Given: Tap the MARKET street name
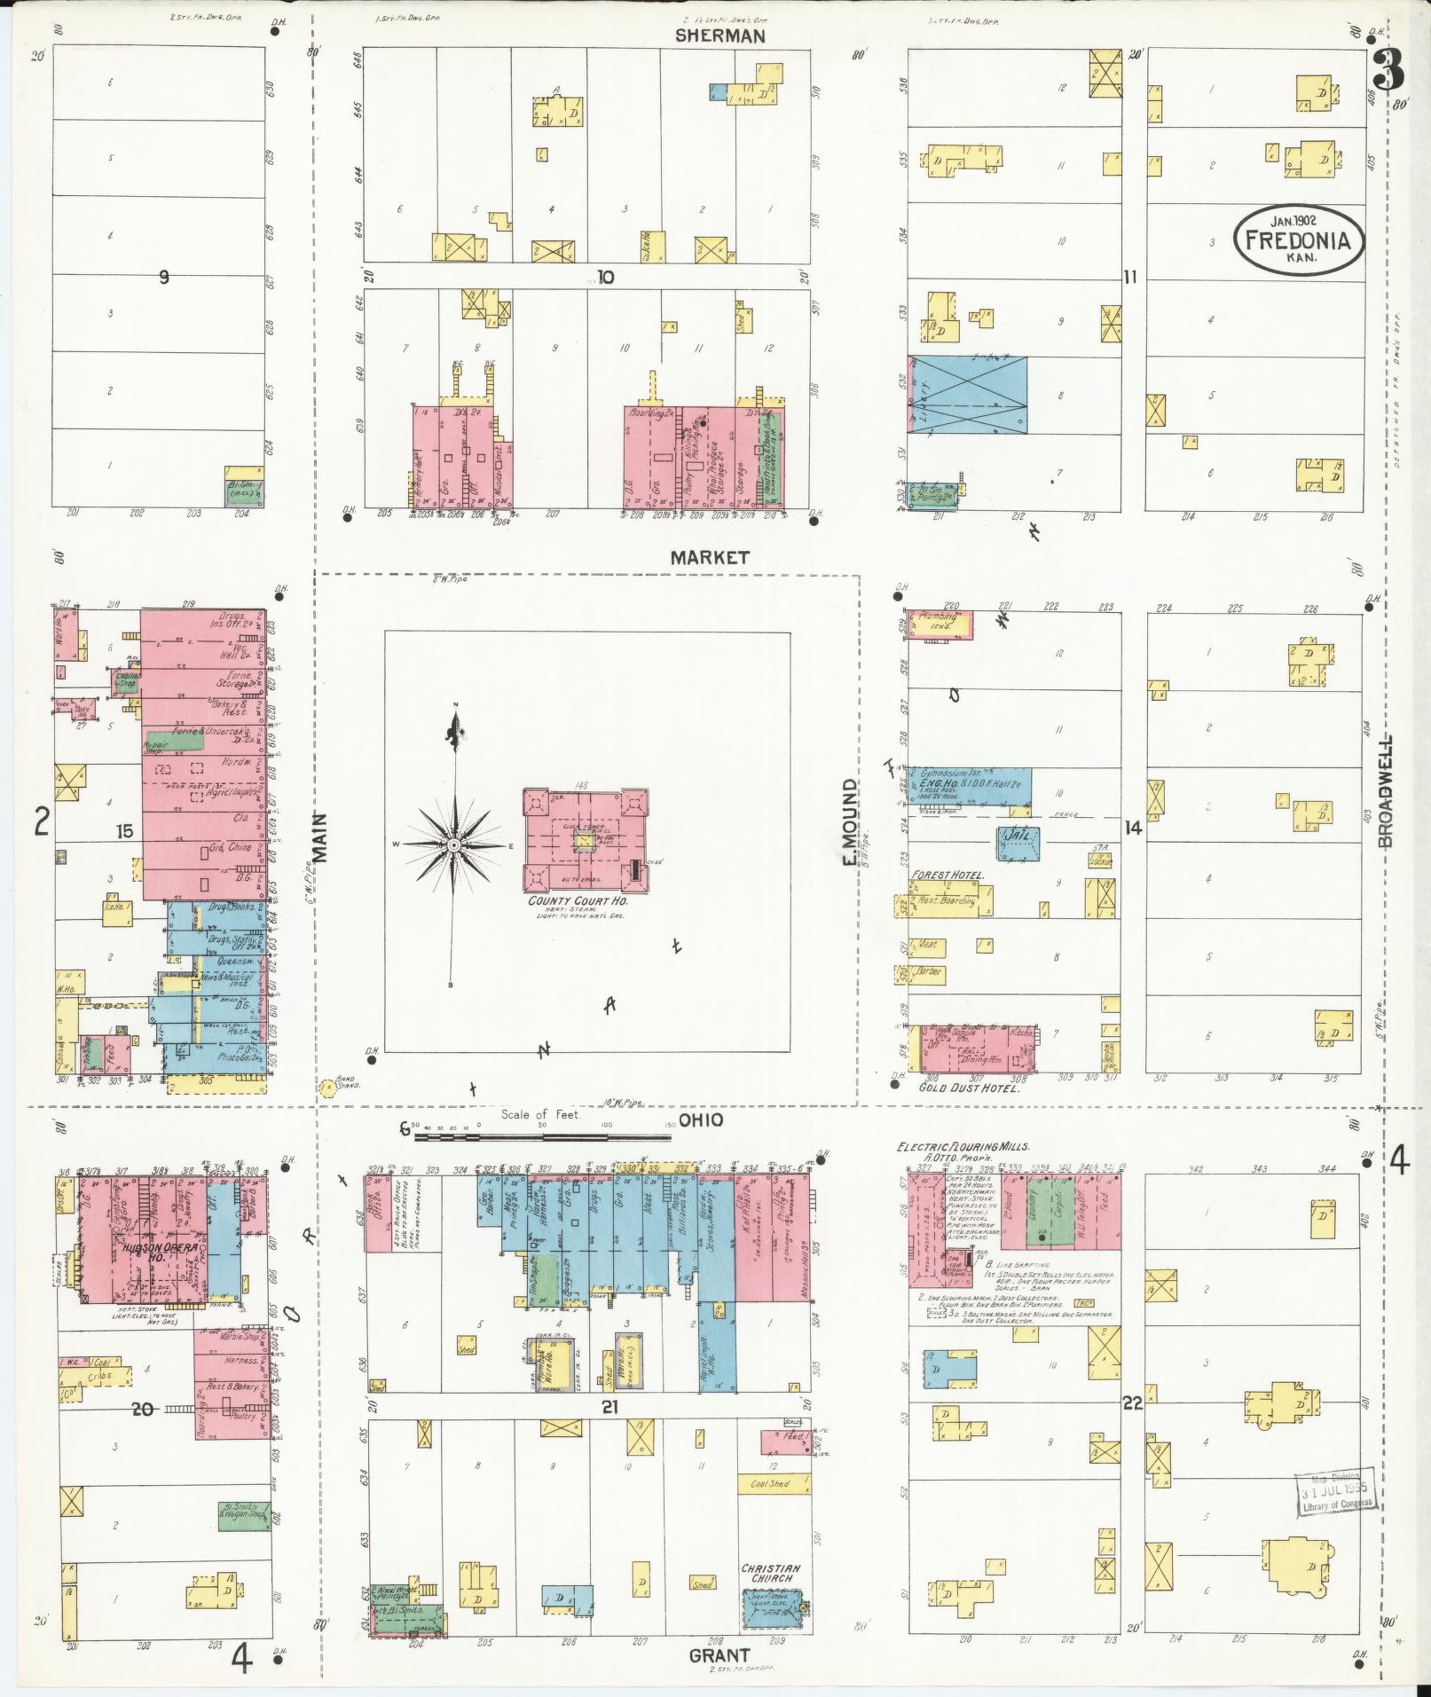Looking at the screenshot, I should tap(709, 558).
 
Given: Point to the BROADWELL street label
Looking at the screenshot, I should tap(1385, 791).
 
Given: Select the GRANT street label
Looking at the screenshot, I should tap(719, 1654).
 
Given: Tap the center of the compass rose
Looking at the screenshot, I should tap(453, 845).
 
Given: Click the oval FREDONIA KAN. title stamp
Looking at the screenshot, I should tap(1298, 240).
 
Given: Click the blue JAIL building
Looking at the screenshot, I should tap(1016, 844).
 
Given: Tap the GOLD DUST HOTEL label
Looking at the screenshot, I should tap(969, 1087).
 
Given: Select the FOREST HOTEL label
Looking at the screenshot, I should tap(947, 876).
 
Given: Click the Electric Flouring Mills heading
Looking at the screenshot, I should tap(963, 1147).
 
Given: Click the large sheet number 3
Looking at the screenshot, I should tap(1388, 71).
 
